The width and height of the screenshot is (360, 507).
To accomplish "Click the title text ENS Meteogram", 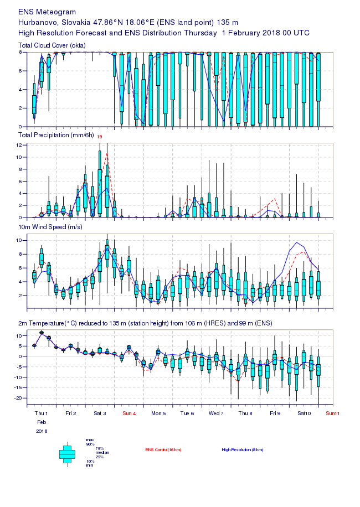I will [x=47, y=12].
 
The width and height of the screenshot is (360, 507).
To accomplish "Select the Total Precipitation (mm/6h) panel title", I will [x=55, y=135].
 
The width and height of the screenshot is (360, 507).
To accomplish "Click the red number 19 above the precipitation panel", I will [x=100, y=136].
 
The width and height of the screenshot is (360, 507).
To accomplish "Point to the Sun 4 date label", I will [x=129, y=413].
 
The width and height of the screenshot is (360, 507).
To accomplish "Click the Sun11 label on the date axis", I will [x=332, y=413].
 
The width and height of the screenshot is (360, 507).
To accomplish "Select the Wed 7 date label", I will [x=216, y=413].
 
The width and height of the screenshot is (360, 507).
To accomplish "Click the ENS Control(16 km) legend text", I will [x=163, y=449].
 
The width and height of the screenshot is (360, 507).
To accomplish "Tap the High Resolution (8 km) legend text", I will [x=241, y=449].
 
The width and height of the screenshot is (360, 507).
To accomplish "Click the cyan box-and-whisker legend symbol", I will [x=67, y=453].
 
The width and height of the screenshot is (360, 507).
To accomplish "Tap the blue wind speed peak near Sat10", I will [x=297, y=242].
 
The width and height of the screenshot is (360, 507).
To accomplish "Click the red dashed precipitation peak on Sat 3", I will [x=107, y=154].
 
